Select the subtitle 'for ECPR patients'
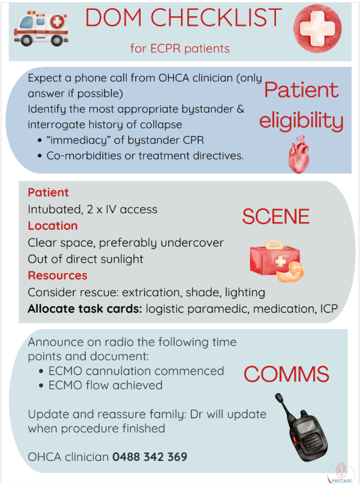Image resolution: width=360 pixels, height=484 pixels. coord(180,48)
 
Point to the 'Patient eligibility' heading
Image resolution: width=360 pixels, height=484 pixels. coord(301,105)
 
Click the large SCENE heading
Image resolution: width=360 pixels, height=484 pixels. coord(275,216)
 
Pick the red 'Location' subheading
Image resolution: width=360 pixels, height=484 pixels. coord(52,226)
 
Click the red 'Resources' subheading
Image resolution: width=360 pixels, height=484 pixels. coord(58,275)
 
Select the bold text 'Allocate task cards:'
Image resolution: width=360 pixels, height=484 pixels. coord(85,309)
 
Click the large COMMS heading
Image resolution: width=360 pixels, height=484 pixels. coord(286,375)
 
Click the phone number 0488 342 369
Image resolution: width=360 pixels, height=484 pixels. coord(150,457)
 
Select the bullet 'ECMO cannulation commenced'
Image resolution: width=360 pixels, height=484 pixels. coord(137,370)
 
